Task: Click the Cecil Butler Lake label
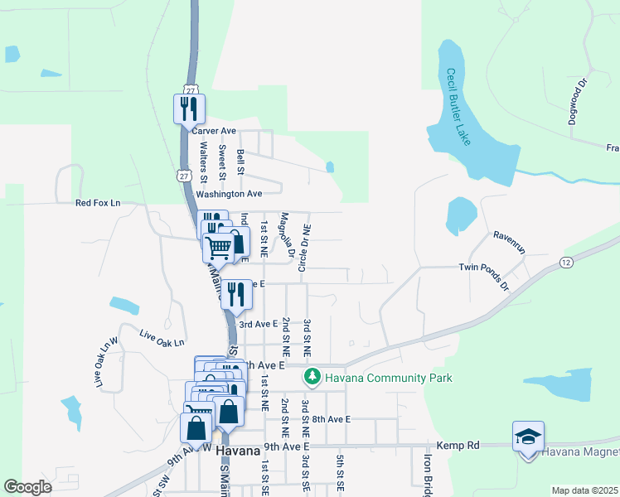click(458, 107)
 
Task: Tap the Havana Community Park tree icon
click(312, 378)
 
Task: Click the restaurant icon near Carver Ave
click(188, 108)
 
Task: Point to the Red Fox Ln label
click(98, 203)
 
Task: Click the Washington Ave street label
click(229, 194)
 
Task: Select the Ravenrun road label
click(511, 235)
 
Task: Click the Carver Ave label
click(214, 131)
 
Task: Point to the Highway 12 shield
click(566, 263)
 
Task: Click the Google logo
click(28, 487)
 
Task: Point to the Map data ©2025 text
click(584, 490)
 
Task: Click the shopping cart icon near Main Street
click(219, 246)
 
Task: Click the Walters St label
click(203, 158)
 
